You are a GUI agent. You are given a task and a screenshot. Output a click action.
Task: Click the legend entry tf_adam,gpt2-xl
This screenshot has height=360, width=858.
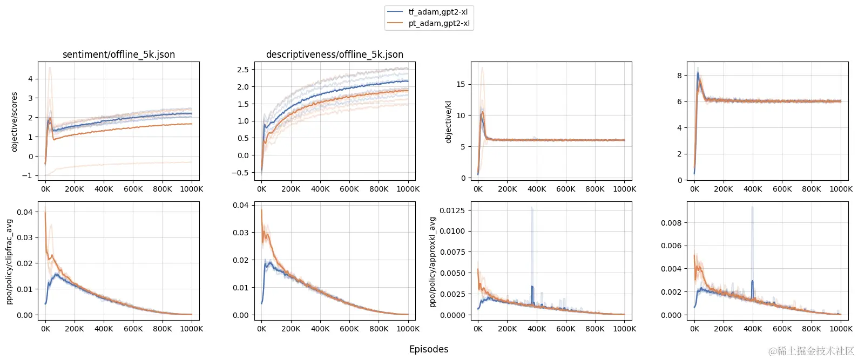click(438, 12)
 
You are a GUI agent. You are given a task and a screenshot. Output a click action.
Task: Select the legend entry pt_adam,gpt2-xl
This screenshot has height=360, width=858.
click(438, 23)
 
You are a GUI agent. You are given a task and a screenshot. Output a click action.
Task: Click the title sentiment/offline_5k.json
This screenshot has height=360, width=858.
click(119, 55)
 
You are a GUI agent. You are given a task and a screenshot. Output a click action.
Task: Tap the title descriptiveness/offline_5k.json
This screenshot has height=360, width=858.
click(335, 55)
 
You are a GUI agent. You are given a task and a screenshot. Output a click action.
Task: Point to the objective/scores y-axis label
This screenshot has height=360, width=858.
click(15, 121)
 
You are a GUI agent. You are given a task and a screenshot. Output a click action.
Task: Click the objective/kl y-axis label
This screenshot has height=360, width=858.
click(448, 121)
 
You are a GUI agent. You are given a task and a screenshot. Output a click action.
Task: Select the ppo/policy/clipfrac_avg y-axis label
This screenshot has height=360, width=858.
click(9, 261)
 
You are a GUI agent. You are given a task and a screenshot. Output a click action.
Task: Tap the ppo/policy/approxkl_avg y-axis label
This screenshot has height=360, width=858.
click(433, 262)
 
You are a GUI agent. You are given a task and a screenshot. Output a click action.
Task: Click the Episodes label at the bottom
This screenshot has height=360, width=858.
click(429, 349)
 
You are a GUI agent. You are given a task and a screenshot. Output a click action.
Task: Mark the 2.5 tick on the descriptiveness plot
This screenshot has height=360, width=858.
click(242, 70)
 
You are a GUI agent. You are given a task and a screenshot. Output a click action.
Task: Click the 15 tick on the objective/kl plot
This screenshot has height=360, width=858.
click(461, 84)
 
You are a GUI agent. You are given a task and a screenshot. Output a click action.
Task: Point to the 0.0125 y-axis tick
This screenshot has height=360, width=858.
click(452, 210)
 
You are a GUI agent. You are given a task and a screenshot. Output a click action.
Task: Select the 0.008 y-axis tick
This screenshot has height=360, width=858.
click(671, 223)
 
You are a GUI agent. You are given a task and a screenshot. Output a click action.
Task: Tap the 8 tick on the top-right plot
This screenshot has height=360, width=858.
click(679, 76)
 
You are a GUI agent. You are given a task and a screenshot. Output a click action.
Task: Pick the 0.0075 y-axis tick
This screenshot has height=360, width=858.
click(452, 252)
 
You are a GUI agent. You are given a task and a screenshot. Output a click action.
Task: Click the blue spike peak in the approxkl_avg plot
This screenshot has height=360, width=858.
click(532, 207)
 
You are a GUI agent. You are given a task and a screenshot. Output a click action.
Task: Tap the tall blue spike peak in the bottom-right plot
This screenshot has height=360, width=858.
click(752, 207)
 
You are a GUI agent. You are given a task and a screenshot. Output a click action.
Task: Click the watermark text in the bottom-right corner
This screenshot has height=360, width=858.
click(811, 351)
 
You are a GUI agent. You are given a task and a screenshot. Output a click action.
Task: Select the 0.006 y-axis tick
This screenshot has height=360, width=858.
click(671, 246)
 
